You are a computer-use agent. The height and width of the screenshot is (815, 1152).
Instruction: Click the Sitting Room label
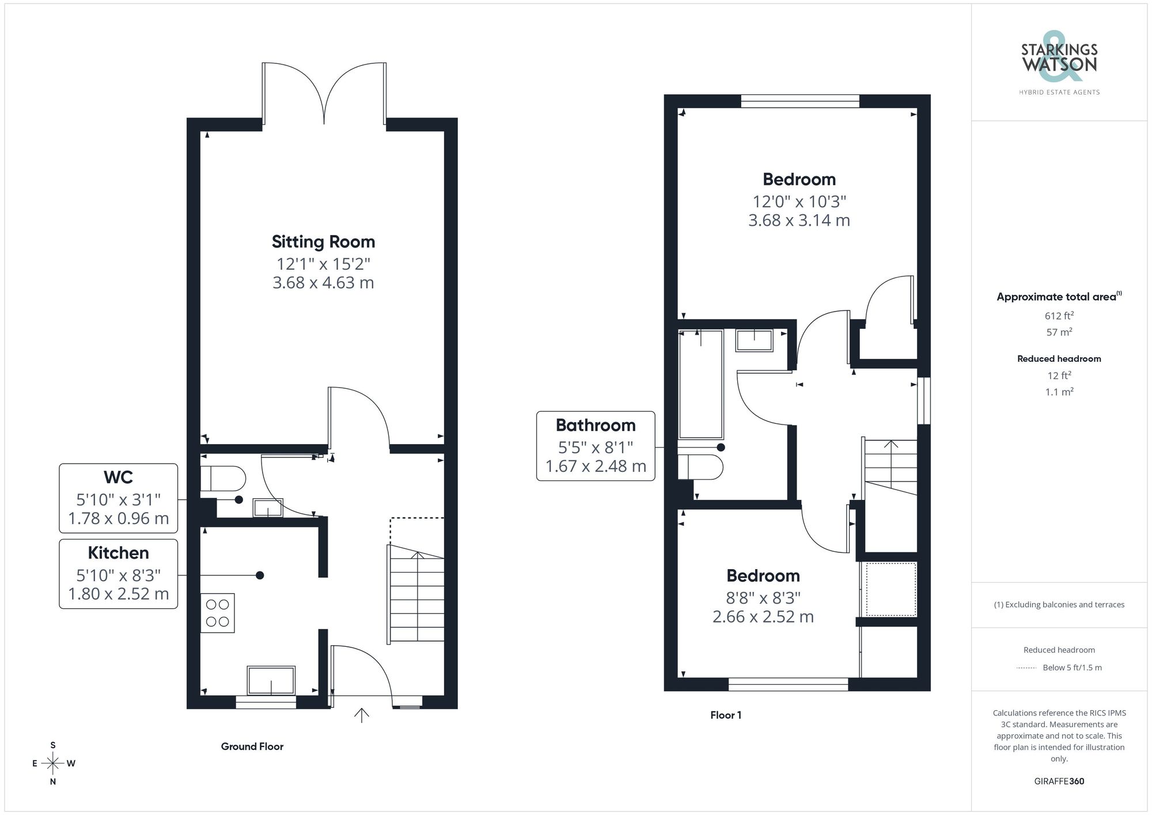323,242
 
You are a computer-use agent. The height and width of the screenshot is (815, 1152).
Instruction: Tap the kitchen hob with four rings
218,613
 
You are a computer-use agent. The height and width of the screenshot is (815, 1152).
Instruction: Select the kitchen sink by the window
271,680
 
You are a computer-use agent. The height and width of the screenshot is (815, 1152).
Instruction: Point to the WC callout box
119,498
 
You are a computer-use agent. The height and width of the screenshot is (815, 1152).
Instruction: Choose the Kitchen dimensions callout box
119,574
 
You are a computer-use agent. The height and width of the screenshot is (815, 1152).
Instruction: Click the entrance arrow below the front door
361,715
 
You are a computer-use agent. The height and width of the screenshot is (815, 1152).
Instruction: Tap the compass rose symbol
53,764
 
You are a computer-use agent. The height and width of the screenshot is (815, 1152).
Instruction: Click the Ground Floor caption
252,746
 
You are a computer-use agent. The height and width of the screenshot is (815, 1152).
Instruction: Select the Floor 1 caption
726,715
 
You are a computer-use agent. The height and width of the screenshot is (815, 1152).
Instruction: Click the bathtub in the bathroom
700,385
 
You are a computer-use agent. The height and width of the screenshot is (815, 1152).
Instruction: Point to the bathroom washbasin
755,340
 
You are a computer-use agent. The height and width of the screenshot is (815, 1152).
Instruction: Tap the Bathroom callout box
596,446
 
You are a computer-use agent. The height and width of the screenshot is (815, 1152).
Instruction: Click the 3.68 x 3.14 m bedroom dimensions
799,221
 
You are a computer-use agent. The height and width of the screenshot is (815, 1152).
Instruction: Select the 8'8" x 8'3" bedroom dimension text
763,598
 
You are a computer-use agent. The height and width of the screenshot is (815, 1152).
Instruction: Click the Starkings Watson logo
1059,59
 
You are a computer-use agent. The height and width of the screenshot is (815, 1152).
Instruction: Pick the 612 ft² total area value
1059,316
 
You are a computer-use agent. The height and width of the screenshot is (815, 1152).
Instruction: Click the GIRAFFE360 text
1059,781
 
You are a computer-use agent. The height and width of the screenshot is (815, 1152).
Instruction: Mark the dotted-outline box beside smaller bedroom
888,589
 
